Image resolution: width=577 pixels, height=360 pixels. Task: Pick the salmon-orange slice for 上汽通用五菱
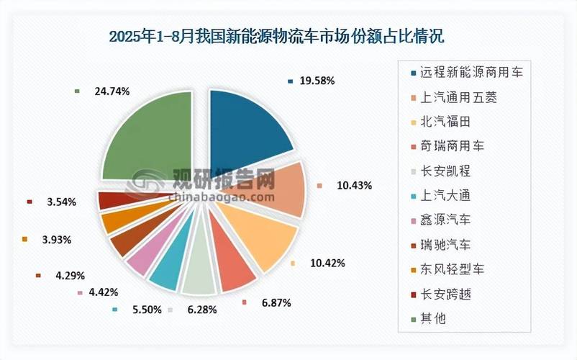pyautogui.click(x=273, y=189)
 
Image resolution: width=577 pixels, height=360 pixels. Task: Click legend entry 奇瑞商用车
pyautogui.click(x=453, y=145)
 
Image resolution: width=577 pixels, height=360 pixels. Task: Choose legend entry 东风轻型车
pyautogui.click(x=453, y=269)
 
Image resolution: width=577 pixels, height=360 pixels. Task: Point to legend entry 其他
pyautogui.click(x=431, y=318)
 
